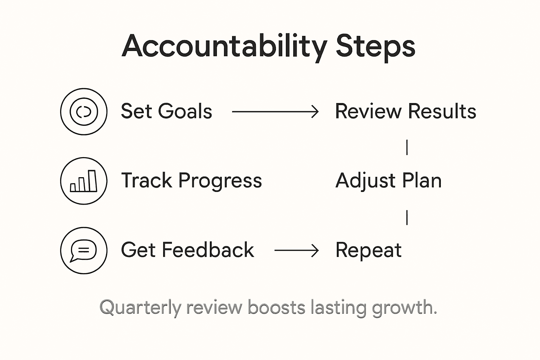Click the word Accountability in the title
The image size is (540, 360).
[224, 46]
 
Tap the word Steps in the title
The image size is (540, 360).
[375, 46]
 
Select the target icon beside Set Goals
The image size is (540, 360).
[84, 111]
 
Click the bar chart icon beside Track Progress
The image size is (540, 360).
[84, 181]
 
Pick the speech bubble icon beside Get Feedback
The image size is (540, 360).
[84, 250]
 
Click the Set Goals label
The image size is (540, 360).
[166, 111]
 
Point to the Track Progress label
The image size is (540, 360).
[191, 181]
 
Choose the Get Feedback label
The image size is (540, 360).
[187, 250]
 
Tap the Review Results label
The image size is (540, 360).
[405, 111]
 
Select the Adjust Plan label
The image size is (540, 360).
[388, 181]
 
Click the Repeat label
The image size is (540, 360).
[368, 250]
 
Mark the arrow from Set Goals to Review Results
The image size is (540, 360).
[275, 112]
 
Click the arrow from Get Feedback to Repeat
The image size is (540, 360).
[296, 251]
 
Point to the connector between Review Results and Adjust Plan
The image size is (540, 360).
[407, 147]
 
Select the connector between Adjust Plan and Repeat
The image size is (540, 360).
[407, 217]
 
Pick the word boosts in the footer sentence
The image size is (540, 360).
[276, 307]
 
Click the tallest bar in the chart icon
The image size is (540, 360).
[92, 181]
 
